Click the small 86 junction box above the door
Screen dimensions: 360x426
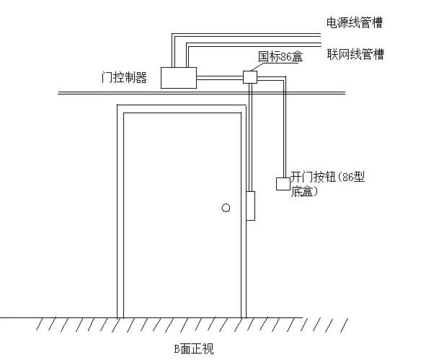[250, 76]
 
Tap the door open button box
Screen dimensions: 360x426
[283, 183]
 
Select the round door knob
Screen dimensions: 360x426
[226, 208]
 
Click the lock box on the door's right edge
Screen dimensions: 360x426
[251, 206]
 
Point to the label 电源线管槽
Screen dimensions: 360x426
[355, 23]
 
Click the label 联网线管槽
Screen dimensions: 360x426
[355, 54]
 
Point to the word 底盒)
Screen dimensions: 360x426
[305, 192]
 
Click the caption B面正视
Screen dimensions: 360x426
[193, 349]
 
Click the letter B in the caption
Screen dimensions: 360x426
[176, 349]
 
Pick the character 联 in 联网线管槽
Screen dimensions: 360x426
[332, 54]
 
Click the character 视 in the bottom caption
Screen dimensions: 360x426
[208, 349]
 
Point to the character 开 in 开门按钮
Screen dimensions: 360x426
[296, 177]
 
